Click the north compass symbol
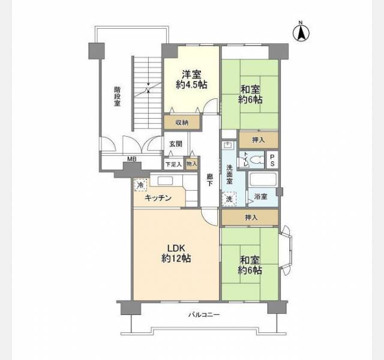(x=299, y=32)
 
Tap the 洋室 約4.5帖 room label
(x=191, y=80)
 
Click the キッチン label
(x=158, y=198)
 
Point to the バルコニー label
(x=204, y=314)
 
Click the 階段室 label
(x=117, y=97)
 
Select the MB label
(x=131, y=160)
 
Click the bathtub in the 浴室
(x=262, y=179)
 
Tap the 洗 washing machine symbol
(x=229, y=199)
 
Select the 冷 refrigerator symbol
(x=140, y=186)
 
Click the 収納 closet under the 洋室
(x=181, y=122)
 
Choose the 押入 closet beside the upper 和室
(x=259, y=140)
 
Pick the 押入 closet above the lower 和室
(x=250, y=217)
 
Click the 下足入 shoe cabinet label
(x=173, y=164)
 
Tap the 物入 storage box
(x=191, y=163)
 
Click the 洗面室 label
(x=229, y=173)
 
